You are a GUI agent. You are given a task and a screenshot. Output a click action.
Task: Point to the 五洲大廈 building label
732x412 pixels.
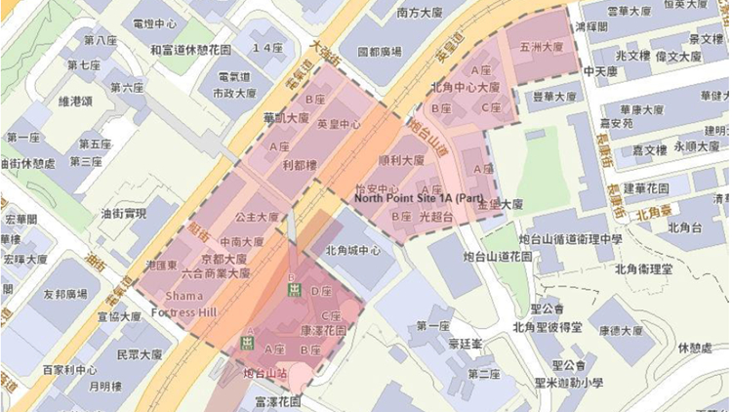pos(542,47)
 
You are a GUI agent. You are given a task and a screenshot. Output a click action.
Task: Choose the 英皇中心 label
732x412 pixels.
pos(339,124)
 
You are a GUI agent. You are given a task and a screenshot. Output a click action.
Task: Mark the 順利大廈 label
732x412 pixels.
pos(400,160)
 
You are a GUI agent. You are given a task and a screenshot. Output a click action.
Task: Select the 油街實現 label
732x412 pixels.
pos(123,213)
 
